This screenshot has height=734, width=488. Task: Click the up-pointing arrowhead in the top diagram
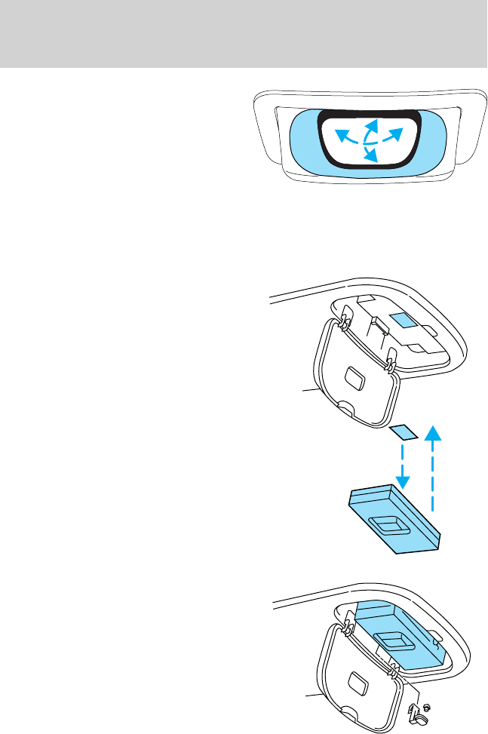tap(371, 122)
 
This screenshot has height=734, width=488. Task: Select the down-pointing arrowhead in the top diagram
tap(370, 157)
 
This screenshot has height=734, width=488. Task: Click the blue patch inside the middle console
tap(402, 321)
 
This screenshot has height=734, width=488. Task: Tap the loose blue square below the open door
tap(404, 432)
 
